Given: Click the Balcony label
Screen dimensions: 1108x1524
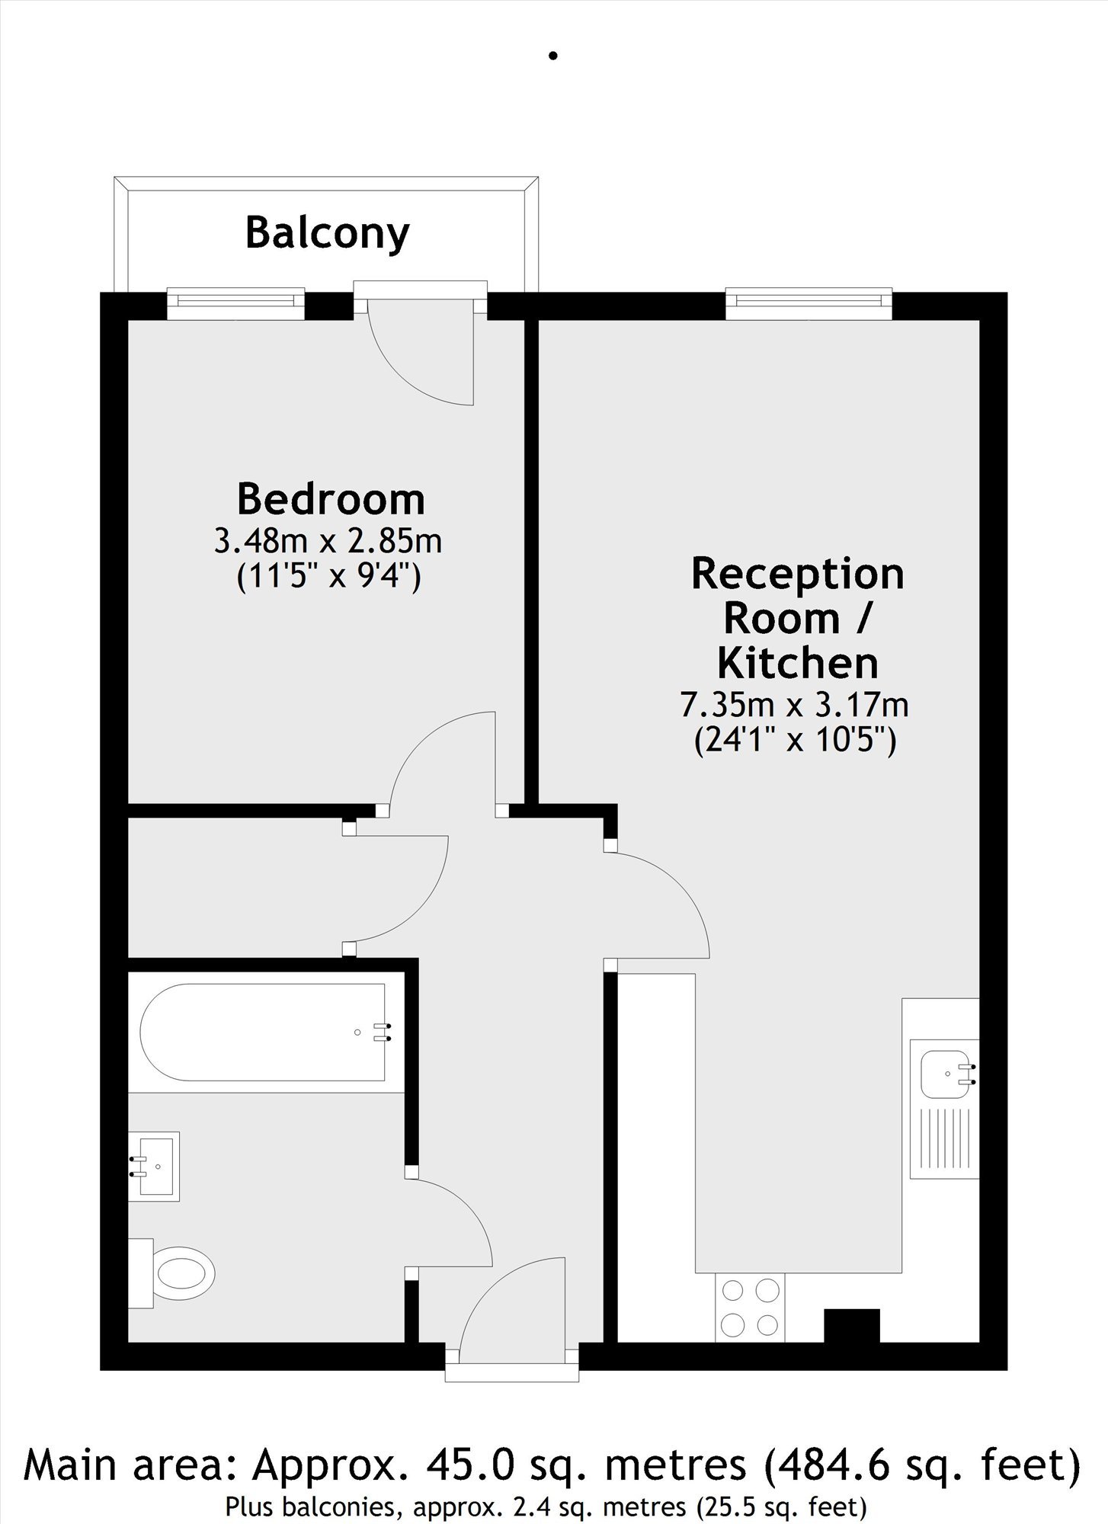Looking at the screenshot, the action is [x=327, y=233].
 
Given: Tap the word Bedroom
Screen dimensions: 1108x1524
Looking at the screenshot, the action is [x=331, y=498].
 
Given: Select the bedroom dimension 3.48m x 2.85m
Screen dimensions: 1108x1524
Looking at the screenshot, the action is [x=328, y=541].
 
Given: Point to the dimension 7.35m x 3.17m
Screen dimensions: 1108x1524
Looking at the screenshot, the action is [x=794, y=705].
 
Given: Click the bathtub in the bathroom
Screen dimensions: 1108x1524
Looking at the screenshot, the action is [x=261, y=1032].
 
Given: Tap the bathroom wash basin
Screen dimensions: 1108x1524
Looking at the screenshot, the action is [x=155, y=1166].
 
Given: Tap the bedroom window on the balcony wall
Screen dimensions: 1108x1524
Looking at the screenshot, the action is [x=235, y=303].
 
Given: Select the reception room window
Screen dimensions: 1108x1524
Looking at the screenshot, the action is [x=809, y=303].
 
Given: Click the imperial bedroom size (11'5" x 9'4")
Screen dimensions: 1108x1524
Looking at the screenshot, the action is [x=329, y=578].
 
